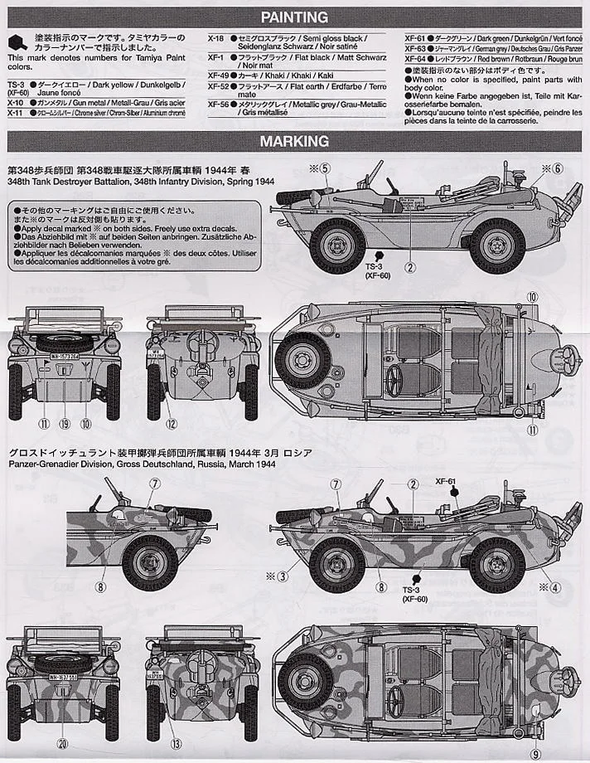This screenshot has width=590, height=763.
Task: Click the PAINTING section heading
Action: pos(294,17)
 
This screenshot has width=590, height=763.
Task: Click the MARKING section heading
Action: pos(294,142)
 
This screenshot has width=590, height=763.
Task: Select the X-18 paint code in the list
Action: pos(215,39)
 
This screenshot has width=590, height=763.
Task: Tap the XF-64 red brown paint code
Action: pos(414,59)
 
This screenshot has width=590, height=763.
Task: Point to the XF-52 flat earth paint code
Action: pos(218,85)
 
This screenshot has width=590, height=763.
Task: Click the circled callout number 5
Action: pos(326,168)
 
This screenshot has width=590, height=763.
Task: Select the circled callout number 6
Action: pos(557,168)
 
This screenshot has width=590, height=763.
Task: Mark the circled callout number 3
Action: pos(283,576)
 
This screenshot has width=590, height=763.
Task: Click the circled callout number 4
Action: pos(554,588)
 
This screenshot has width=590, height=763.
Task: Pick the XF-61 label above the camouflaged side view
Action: pos(446,480)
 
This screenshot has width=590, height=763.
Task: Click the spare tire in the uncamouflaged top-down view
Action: pos(303,362)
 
